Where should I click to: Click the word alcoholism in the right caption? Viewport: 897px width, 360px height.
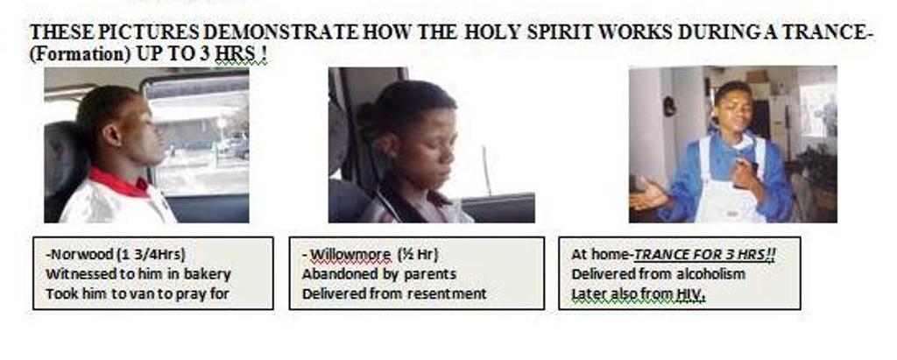pyautogui.click(x=710, y=273)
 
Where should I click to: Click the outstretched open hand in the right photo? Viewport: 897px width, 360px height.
pyautogui.click(x=649, y=197)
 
